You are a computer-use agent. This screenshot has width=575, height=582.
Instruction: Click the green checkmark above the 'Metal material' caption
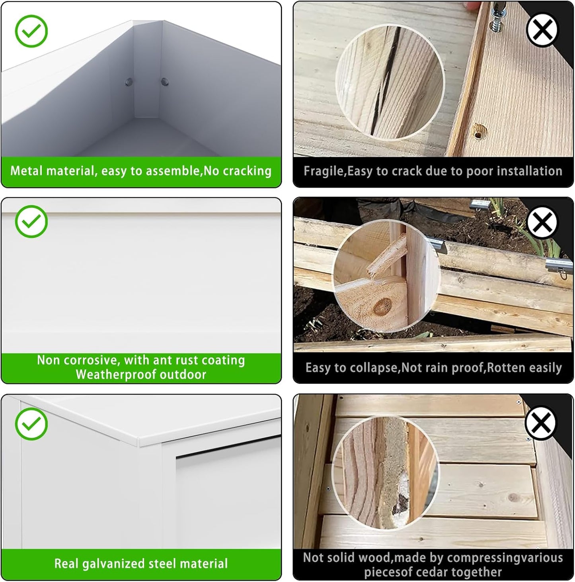click(31, 31)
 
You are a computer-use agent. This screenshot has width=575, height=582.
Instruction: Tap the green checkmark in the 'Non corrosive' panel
click(31, 221)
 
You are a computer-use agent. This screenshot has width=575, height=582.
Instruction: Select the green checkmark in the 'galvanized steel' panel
click(31, 424)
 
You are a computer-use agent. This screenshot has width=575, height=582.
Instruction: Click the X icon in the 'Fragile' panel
click(542, 29)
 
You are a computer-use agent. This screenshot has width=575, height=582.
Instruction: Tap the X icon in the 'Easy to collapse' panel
click(542, 222)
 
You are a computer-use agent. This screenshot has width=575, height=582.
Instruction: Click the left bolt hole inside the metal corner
click(129, 82)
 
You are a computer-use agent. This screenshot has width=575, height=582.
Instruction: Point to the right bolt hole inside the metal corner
click(165, 81)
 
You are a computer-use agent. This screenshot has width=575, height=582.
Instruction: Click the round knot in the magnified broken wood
click(382, 307)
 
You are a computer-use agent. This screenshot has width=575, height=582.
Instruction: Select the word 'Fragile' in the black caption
click(324, 171)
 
